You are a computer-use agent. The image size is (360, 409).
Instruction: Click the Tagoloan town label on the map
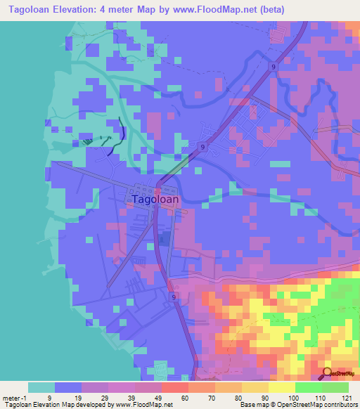[155, 200]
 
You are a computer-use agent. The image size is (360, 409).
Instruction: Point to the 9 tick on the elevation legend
[55, 398]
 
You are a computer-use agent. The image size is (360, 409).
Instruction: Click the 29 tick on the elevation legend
[108, 398]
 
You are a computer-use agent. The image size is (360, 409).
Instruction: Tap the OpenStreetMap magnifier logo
[327, 373]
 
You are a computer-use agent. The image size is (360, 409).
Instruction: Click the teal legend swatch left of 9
[41, 387]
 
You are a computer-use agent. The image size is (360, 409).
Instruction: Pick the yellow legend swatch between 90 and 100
[282, 387]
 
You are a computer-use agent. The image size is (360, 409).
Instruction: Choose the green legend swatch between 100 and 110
[309, 387]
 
